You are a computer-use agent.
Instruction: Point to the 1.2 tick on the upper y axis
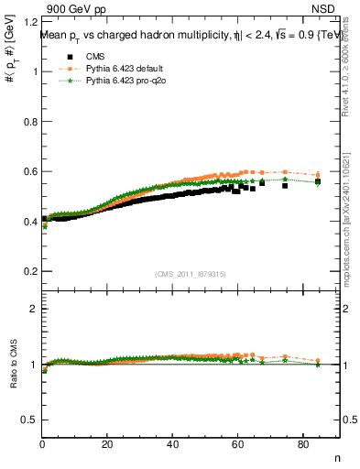coord(30,21)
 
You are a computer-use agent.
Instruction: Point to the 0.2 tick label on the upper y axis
coord(30,271)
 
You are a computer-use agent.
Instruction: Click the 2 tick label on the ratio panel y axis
coord(34,309)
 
